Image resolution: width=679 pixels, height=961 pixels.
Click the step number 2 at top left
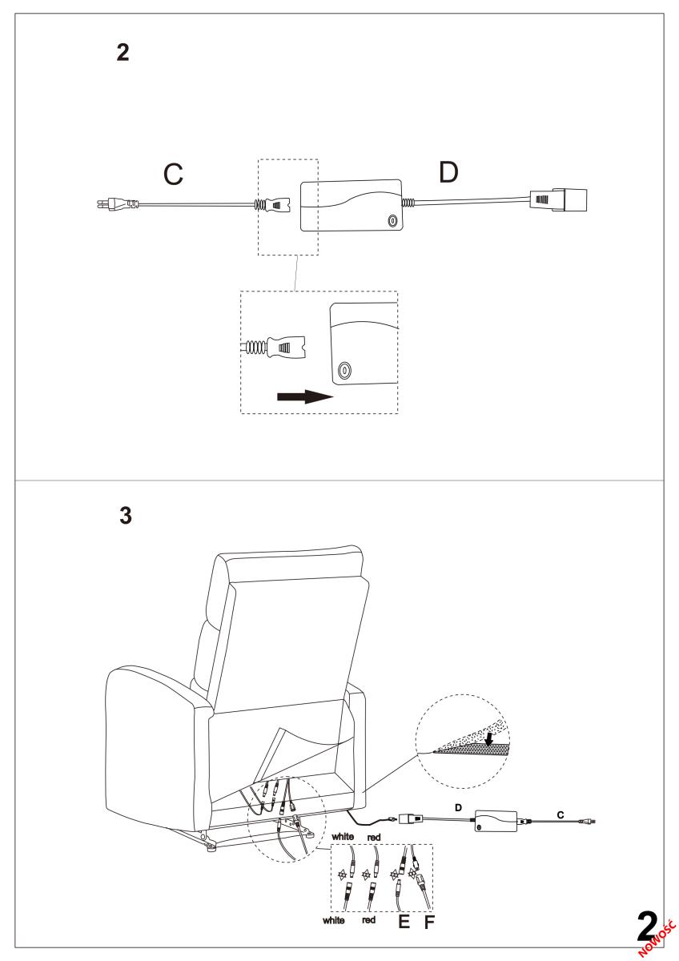coord(123,52)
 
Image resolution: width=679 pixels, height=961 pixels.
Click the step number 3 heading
coord(126,515)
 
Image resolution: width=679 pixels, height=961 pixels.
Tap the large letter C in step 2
coord(173,175)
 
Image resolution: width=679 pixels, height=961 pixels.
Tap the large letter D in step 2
coord(448,172)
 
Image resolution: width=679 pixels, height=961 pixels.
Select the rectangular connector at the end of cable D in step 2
coord(558,200)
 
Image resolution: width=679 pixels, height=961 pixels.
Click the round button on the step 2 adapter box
coord(392,221)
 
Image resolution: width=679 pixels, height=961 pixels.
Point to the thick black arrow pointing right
coord(305,396)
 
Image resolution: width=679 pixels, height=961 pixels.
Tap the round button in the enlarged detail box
coord(344,369)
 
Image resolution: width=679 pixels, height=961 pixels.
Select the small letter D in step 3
coord(458,808)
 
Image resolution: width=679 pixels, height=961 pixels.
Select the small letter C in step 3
coord(560,814)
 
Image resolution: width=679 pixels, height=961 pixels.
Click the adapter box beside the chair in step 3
coord(496,821)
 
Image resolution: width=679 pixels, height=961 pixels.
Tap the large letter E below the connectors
coord(404,922)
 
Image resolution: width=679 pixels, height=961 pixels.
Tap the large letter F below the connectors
coord(429,922)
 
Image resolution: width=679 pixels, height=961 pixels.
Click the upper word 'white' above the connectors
coord(343,836)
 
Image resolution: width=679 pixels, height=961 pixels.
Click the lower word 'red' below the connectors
coord(369,919)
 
